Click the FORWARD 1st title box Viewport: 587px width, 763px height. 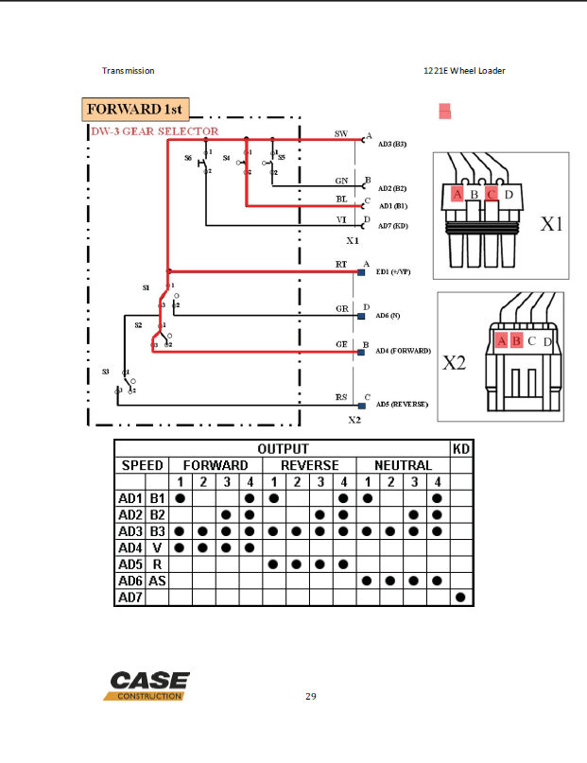(137, 110)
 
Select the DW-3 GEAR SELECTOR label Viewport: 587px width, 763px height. (154, 131)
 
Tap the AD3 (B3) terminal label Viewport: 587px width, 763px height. (391, 144)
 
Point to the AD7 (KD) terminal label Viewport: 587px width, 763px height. (391, 227)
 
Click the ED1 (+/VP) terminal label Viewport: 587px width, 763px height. (393, 271)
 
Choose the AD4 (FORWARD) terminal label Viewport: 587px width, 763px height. (403, 351)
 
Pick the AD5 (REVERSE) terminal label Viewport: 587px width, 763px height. (402, 404)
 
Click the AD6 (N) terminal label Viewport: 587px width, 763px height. (388, 315)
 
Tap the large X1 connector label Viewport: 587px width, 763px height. (551, 224)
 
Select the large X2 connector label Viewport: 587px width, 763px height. (455, 361)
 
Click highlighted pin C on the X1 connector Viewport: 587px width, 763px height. (492, 195)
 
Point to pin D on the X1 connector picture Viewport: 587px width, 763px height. (509, 195)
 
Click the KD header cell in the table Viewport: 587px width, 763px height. (460, 448)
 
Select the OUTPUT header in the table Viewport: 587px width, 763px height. (283, 448)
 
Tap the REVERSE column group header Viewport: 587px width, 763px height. (311, 465)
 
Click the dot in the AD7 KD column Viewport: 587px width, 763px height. (460, 597)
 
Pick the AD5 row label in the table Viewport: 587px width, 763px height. (129, 564)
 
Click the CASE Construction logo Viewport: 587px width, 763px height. (149, 685)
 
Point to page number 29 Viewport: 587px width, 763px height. (311, 697)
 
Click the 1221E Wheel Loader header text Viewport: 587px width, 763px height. (464, 71)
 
